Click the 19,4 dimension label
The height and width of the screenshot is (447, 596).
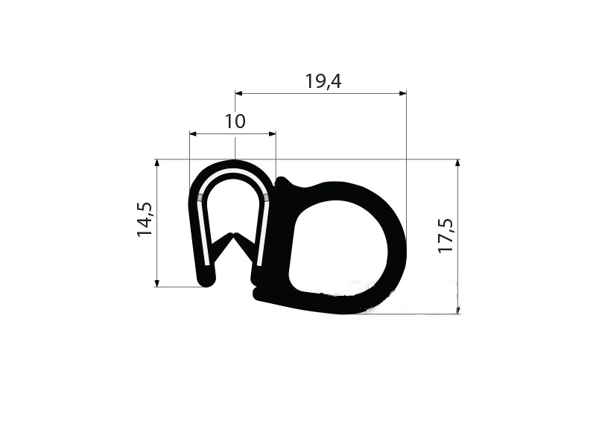click(323, 81)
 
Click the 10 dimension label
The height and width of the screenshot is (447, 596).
click(235, 121)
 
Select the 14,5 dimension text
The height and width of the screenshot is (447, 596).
click(145, 219)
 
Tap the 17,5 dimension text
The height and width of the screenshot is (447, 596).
click(446, 235)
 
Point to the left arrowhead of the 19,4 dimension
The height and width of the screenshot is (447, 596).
click(238, 93)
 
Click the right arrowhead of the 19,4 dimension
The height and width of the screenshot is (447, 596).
click(402, 93)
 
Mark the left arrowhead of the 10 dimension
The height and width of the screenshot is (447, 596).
click(193, 134)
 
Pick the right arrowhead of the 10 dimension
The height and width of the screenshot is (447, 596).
click(272, 134)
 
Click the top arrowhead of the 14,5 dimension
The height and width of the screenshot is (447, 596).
click(157, 163)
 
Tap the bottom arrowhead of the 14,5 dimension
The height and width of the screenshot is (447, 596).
click(157, 283)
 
